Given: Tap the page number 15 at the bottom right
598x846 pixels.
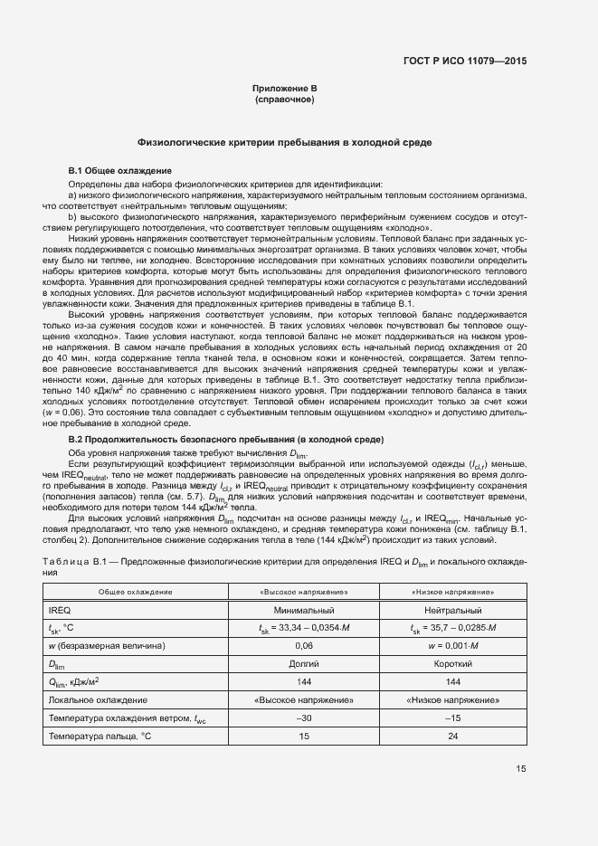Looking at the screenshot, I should point(521,769).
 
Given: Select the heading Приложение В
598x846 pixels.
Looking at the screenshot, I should point(285,88).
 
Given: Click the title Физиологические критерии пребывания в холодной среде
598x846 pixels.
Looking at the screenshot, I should point(285,143).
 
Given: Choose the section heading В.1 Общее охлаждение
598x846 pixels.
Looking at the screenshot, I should point(114,171).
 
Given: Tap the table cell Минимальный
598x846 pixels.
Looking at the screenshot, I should point(303,611).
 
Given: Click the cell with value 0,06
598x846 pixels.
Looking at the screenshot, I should point(303,646).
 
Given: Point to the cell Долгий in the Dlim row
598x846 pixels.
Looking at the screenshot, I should point(303,664).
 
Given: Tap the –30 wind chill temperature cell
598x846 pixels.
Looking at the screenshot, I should point(303,718).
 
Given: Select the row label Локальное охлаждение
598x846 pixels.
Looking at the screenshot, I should point(98,700).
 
